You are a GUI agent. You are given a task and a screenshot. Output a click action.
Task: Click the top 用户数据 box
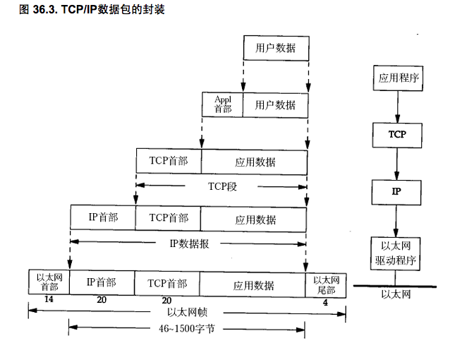click(275, 48)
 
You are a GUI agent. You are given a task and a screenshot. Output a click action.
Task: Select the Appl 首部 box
click(223, 104)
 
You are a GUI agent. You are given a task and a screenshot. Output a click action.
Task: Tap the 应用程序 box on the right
click(399, 78)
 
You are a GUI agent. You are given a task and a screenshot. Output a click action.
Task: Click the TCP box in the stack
click(396, 133)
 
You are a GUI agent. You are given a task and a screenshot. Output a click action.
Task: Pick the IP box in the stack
click(396, 191)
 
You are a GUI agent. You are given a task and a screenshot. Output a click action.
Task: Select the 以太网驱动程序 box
click(398, 253)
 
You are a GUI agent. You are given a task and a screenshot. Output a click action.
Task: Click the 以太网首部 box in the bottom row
click(48, 282)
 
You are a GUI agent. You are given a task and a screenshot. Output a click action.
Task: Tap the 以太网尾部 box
click(325, 284)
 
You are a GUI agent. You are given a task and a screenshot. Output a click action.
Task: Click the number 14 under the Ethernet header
click(49, 301)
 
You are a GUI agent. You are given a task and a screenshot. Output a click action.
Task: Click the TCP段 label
click(221, 186)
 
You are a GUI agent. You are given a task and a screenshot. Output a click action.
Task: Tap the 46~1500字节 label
click(186, 328)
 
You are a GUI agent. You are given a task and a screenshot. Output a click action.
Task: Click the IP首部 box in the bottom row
click(101, 282)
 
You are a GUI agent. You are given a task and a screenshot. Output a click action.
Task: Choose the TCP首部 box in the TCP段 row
click(169, 161)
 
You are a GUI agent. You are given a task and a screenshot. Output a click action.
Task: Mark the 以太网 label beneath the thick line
click(396, 294)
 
